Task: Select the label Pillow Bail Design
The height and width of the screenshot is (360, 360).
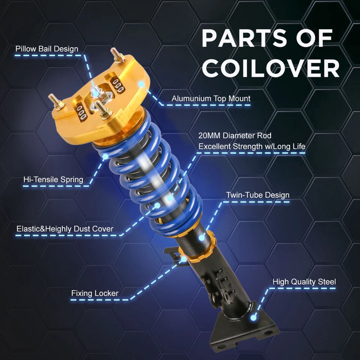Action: point(47,49)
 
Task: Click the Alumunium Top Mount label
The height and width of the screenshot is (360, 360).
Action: point(211,99)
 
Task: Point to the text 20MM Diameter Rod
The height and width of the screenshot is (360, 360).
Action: point(235,135)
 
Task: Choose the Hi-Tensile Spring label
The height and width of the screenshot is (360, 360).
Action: point(53,179)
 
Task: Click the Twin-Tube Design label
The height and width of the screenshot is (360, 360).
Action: point(258,195)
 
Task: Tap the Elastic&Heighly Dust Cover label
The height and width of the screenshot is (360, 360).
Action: point(65,229)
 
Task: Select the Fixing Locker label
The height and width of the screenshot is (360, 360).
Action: point(95,293)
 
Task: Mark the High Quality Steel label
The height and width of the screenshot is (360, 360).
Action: point(304,282)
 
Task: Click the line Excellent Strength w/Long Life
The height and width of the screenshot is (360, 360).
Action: point(252,146)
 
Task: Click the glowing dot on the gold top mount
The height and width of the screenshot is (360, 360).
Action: point(141,84)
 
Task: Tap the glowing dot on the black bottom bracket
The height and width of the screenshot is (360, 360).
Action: point(253,318)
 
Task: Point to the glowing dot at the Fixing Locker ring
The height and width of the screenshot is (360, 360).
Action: point(184,259)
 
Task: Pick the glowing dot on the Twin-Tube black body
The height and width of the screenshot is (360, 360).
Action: point(202,237)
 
